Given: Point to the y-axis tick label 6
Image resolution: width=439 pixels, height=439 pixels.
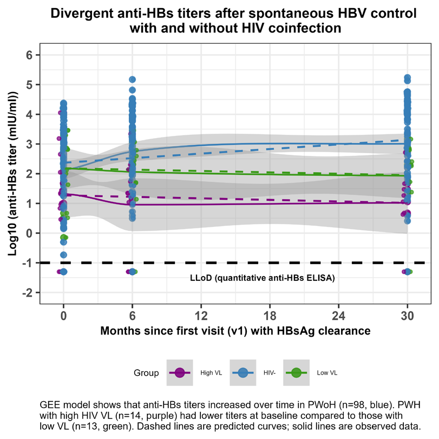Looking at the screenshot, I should pos(30,55).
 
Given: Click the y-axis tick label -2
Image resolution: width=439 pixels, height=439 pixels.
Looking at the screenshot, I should pos(28,293).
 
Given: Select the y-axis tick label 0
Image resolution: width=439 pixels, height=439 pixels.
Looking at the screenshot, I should pos(30,233).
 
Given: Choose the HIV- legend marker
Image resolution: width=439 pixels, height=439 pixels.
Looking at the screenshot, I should pos(243,373).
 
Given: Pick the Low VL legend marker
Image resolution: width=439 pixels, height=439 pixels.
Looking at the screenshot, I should pos(296,373).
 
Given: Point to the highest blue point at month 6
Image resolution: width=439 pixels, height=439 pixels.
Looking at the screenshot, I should pos(132,80).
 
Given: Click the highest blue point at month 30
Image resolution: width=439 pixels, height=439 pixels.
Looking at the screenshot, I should pos(408,77).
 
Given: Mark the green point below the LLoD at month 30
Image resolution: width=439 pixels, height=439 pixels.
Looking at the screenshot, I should pos(410,272).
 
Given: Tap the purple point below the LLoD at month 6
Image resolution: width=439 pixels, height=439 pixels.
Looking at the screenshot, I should pos(129,272).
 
